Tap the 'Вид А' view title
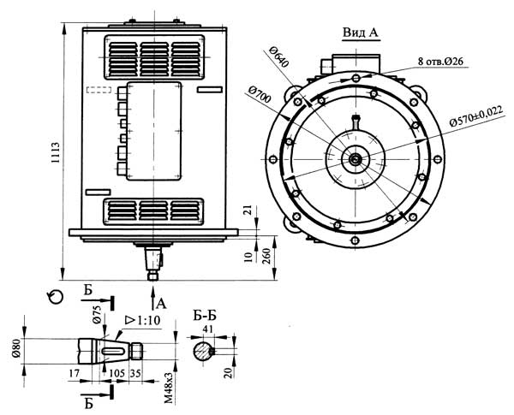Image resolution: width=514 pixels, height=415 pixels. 361,33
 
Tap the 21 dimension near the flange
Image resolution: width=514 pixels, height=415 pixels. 248,210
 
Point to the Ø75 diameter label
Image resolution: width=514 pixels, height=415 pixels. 97,314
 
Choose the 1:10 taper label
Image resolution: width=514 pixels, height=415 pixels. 143,319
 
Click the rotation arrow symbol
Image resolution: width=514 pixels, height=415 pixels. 57,296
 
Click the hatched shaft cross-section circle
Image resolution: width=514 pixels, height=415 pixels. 201,350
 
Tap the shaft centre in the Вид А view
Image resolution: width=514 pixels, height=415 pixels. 353,157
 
